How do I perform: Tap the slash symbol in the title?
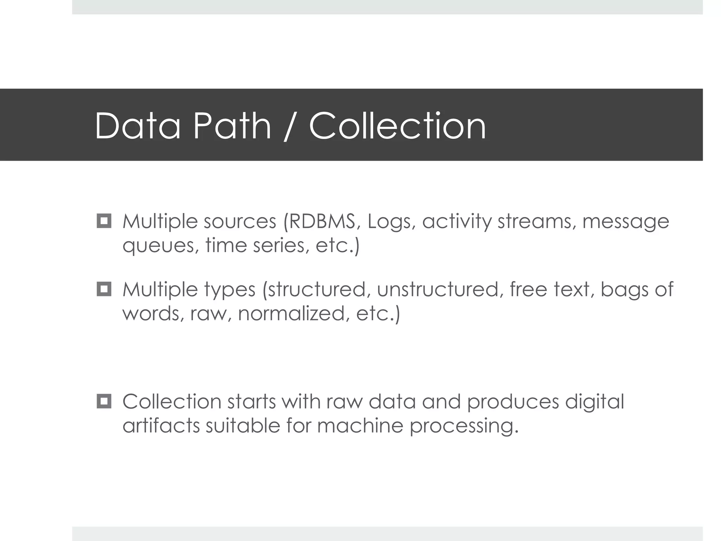pos(289,126)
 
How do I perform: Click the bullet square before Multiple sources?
pos(104,221)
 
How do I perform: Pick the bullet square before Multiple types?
pos(104,289)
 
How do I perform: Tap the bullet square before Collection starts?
pos(104,401)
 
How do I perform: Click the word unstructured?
pos(438,289)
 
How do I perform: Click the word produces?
pos(513,402)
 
